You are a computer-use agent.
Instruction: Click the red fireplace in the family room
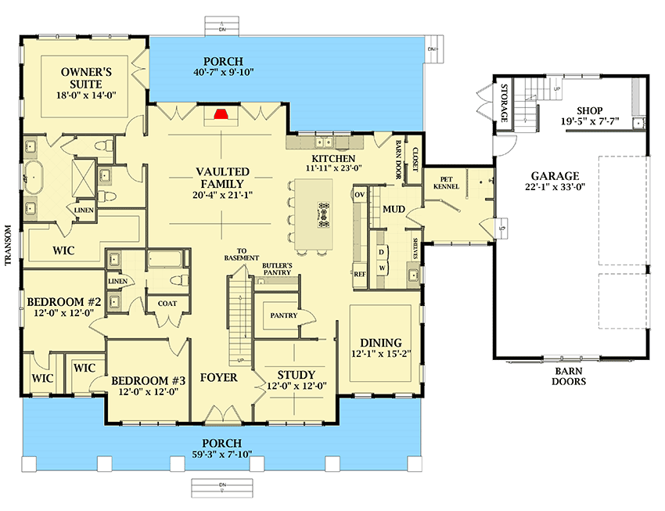coord(222,115)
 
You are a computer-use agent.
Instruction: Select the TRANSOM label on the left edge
coord(9,246)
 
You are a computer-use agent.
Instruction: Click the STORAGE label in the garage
coord(505,103)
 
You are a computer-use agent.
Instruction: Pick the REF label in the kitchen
coord(360,275)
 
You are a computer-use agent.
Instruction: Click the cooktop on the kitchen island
coord(322,211)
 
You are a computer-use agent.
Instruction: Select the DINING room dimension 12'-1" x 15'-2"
coord(381,356)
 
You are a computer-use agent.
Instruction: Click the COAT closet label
coord(167,304)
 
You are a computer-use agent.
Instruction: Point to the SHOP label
coord(590,110)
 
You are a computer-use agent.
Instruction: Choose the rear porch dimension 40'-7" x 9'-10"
coord(220,73)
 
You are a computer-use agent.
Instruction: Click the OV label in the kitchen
coord(360,193)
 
